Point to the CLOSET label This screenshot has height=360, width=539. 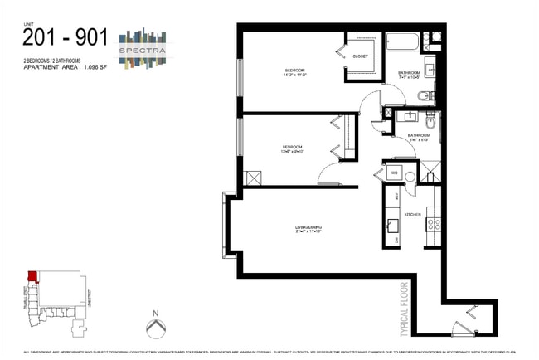[360, 56]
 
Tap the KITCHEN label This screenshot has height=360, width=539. [412, 215]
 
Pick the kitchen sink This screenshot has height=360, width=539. [391, 224]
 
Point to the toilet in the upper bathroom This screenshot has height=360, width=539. [425, 95]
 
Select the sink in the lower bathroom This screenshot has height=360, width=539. [429, 123]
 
